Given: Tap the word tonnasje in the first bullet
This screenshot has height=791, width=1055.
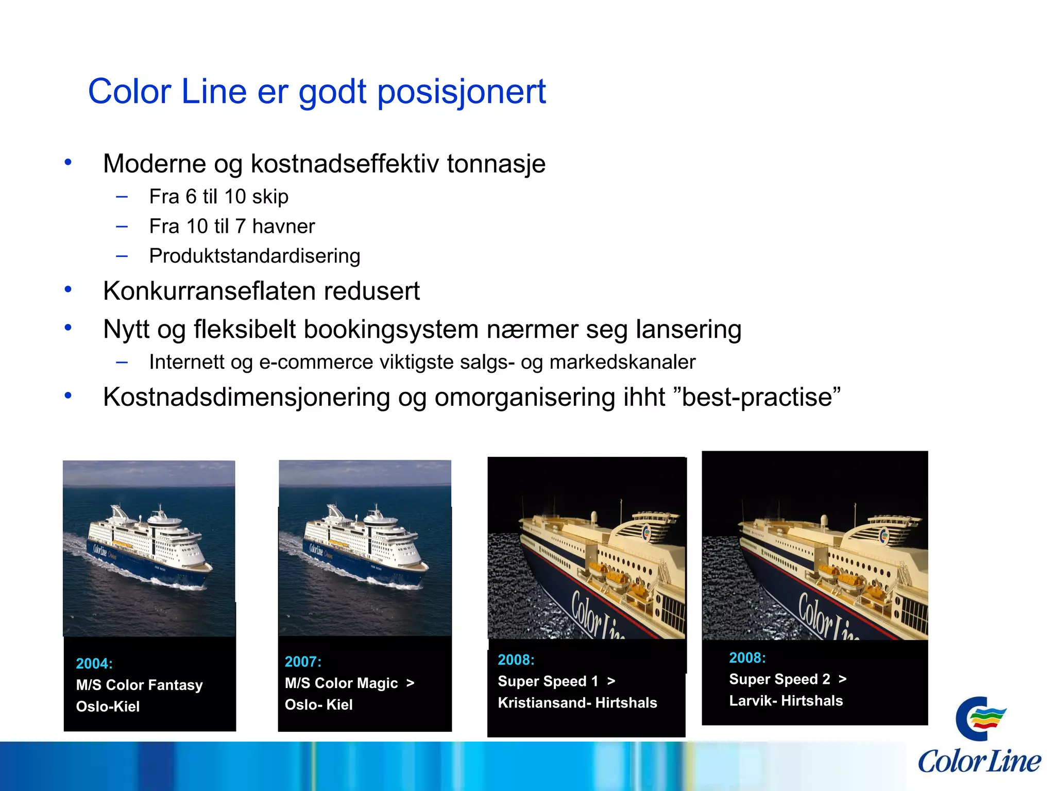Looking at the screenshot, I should pos(496,164).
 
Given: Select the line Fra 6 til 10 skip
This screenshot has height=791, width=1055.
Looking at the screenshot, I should pos(218,197).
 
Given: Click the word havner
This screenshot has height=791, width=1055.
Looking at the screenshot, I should pos(283,227).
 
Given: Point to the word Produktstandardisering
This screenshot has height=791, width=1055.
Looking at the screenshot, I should pos(254,256).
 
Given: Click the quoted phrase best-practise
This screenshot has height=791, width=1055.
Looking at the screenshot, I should pos(757,398).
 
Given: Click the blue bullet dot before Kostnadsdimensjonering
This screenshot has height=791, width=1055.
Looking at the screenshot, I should pos(68,395).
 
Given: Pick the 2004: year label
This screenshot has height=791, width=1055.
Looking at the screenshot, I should pos(94,664).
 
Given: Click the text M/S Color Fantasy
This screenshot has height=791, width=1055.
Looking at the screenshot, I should pos(139,685).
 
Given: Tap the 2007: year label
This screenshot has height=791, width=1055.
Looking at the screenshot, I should pos(303,662).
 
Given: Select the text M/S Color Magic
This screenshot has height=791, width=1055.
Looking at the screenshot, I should pos(341,683).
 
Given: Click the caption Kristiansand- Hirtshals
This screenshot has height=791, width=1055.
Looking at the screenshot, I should pos(577,703).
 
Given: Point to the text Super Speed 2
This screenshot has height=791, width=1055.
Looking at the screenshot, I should pos(779,679).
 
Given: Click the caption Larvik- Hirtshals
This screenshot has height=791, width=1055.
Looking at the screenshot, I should pos(786,701).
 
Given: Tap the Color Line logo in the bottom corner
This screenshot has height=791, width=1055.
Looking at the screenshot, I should pos(979,736).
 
